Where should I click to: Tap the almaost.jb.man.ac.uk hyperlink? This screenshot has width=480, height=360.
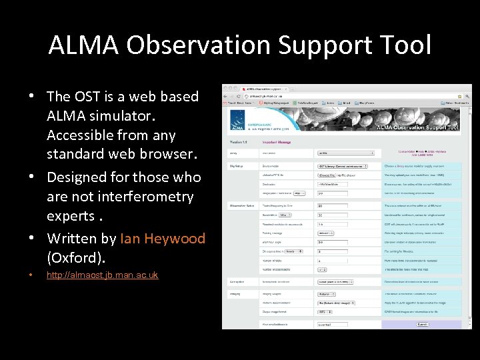(x=102, y=275)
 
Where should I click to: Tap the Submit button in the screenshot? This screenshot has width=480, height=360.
(x=423, y=324)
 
